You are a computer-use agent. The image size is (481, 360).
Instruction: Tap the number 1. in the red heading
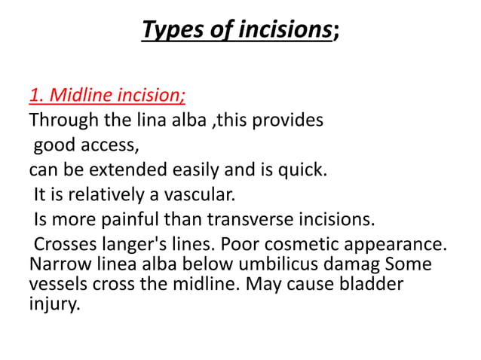point(37,96)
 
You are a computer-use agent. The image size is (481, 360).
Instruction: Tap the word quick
point(301,168)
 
